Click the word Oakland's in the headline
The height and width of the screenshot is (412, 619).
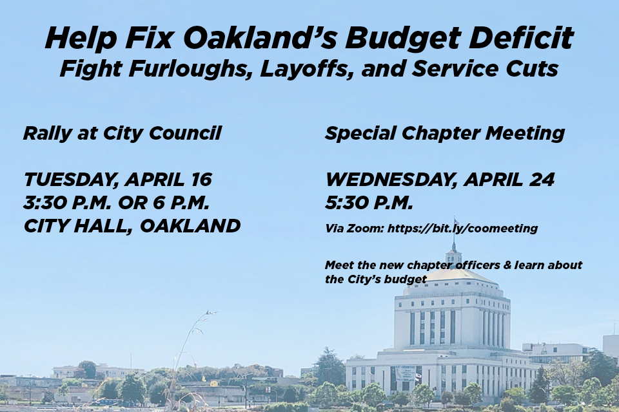pyautogui.click(x=260, y=38)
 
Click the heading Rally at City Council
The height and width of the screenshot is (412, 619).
pyautogui.click(x=123, y=133)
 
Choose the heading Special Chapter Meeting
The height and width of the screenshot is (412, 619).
pyautogui.click(x=445, y=134)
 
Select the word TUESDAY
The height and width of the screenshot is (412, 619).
pyautogui.click(x=71, y=180)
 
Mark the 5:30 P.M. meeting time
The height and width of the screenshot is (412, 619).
pyautogui.click(x=369, y=203)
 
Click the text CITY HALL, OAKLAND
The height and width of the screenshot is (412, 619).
pyautogui.click(x=132, y=227)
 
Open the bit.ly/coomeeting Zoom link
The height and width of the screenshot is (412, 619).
pyautogui.click(x=462, y=229)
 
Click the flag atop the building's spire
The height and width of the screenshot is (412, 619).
pyautogui.click(x=457, y=221)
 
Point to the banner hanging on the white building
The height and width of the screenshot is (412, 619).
pyautogui.click(x=405, y=373)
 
